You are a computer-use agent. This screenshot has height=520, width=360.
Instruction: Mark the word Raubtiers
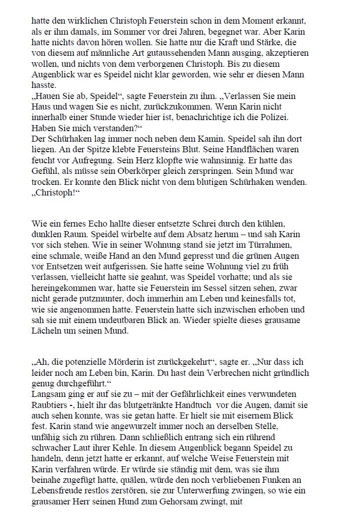[51, 405]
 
